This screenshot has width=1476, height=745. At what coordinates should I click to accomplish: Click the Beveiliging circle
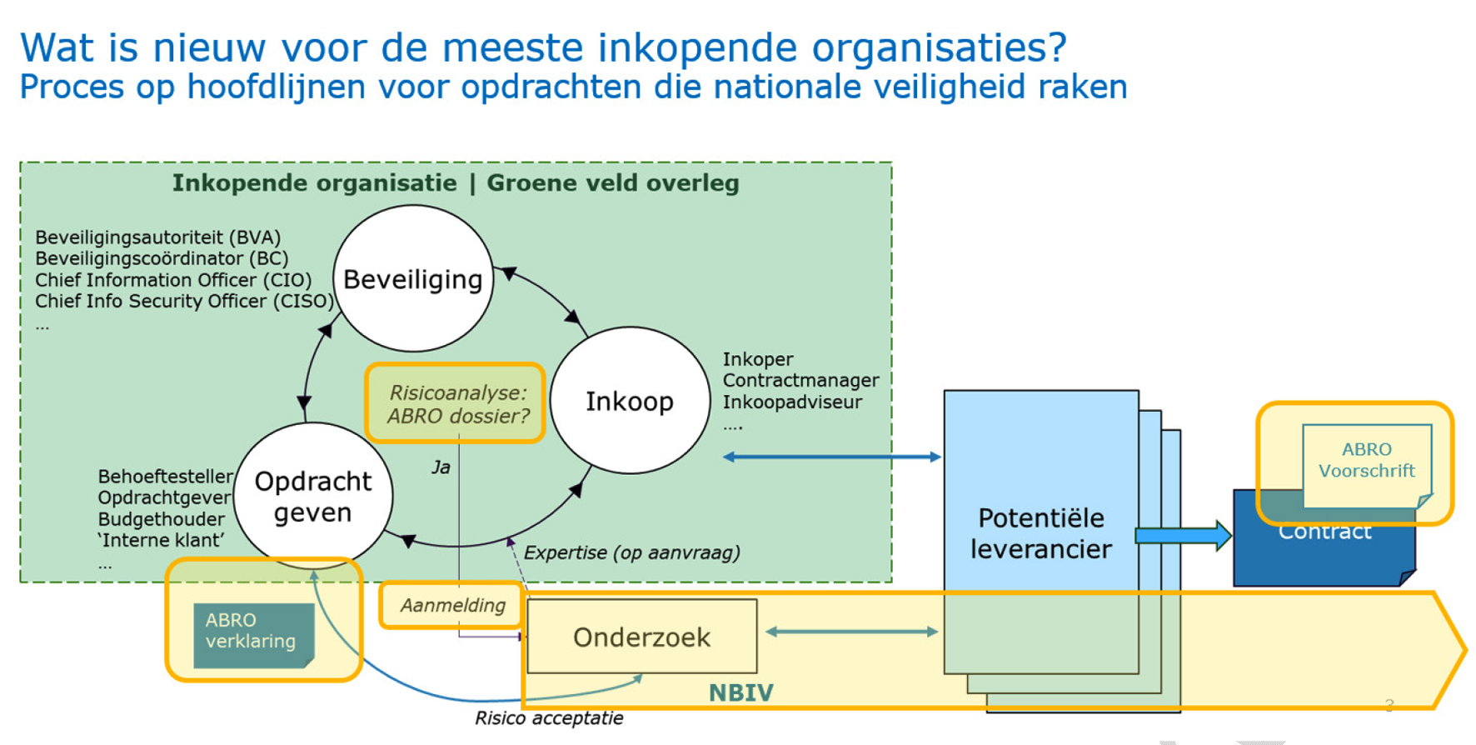click(x=413, y=279)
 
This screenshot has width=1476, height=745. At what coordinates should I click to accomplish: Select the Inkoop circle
click(x=630, y=401)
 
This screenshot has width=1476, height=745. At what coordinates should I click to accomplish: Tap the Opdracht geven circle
click(x=313, y=497)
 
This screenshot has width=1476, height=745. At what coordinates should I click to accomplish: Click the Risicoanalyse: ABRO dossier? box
click(x=456, y=404)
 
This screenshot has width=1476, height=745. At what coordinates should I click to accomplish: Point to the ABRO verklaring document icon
click(x=252, y=635)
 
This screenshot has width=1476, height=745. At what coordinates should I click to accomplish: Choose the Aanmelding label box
click(x=452, y=605)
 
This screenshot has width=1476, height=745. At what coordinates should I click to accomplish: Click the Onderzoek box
click(x=642, y=637)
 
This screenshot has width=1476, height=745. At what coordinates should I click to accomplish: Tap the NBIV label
click(x=740, y=692)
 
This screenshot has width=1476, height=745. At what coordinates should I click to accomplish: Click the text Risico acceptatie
click(x=549, y=718)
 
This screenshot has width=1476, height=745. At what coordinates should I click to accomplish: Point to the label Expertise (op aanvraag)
click(x=631, y=552)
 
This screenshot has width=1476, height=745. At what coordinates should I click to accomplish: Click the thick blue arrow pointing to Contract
click(x=1183, y=535)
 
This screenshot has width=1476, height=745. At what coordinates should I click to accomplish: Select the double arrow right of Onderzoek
click(x=851, y=632)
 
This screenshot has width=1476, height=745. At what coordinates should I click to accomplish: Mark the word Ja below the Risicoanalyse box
click(x=441, y=467)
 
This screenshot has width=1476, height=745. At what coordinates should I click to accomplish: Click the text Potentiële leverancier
click(x=1041, y=533)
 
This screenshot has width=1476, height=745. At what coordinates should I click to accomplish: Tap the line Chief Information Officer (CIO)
click(x=173, y=280)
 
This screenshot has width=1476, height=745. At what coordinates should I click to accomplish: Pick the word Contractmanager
click(x=800, y=380)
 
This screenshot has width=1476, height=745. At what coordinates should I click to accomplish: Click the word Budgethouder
click(x=161, y=519)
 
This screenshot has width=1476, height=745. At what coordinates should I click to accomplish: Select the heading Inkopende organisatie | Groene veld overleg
click(x=456, y=183)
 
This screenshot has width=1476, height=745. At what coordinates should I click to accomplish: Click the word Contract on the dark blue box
click(x=1324, y=533)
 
